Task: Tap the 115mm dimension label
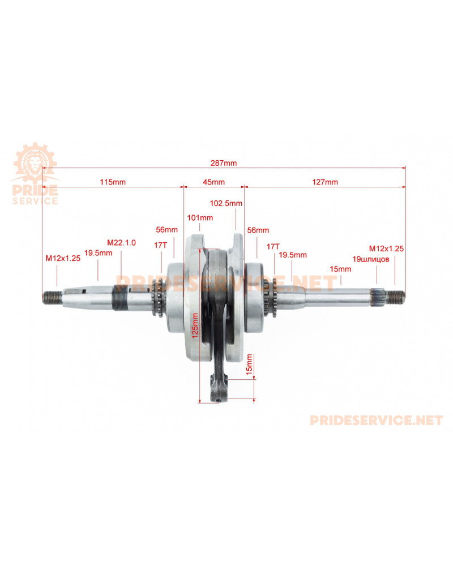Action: click(x=112, y=182)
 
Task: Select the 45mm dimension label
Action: click(x=214, y=182)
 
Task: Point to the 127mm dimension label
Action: click(x=325, y=182)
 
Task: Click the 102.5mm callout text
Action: click(x=226, y=203)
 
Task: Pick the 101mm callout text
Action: click(x=199, y=217)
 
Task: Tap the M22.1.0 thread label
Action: click(x=121, y=242)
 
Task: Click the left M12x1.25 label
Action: click(x=63, y=258)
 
